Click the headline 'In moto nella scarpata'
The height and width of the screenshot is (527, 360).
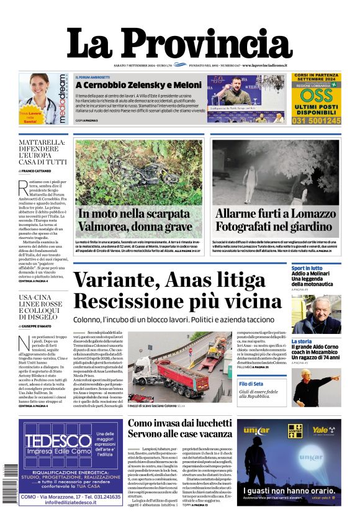[135, 214]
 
